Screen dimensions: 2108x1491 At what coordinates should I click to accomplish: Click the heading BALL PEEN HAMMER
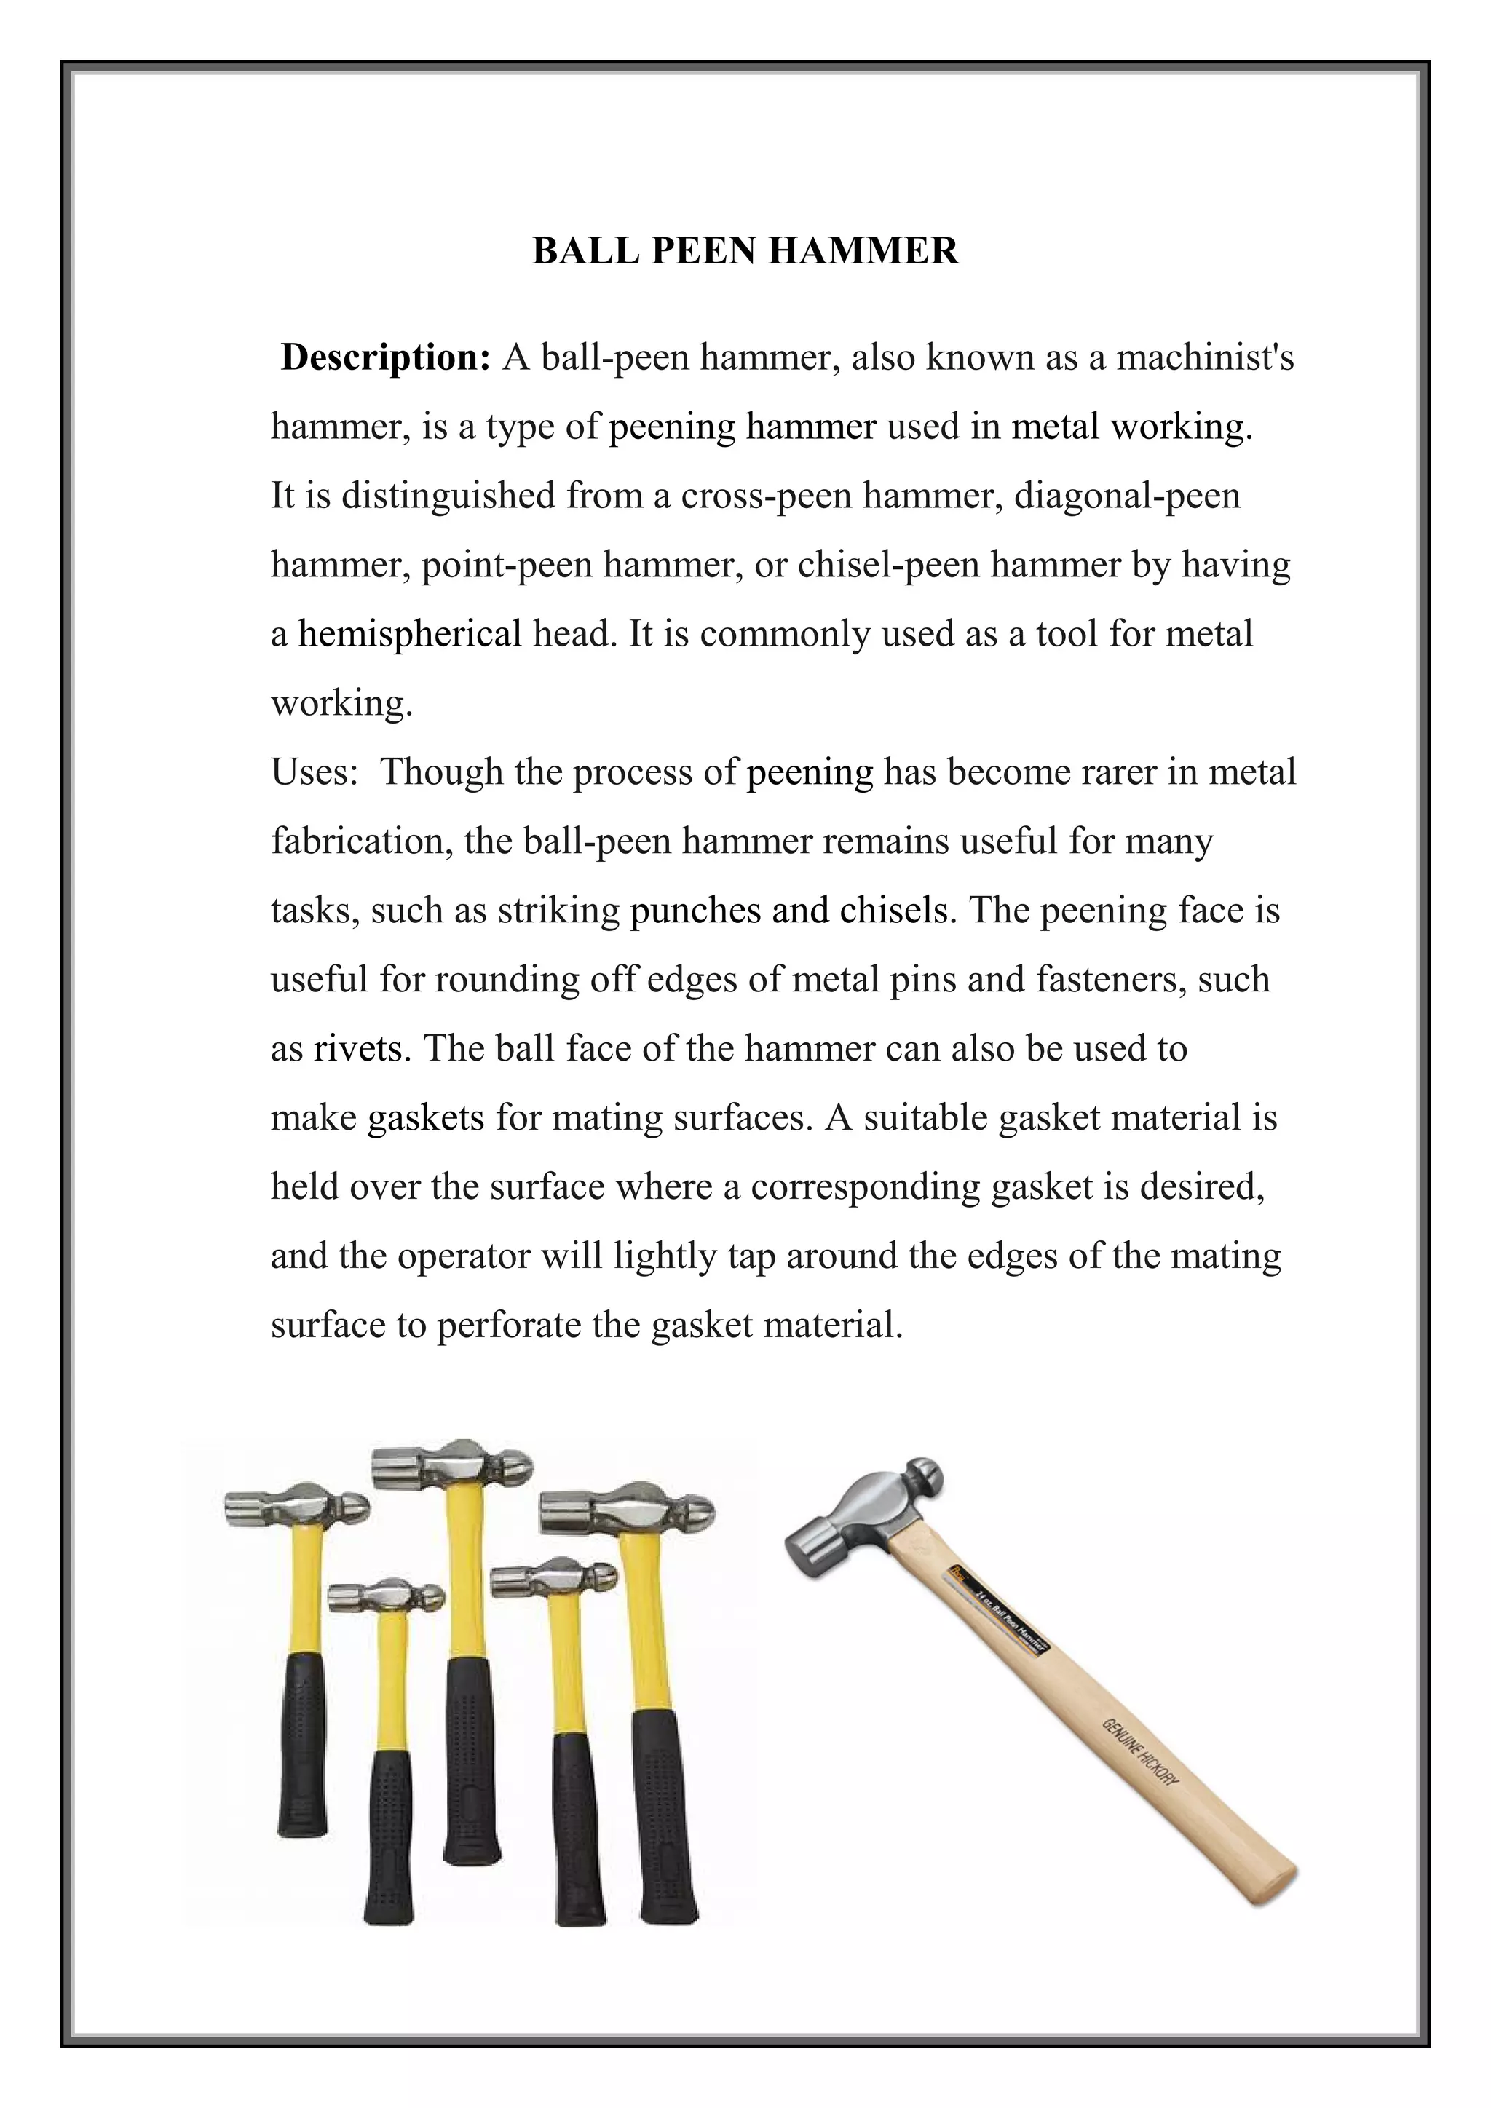[745, 250]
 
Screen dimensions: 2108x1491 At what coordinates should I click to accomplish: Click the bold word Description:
[386, 357]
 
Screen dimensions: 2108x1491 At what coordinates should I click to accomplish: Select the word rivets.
[363, 1048]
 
